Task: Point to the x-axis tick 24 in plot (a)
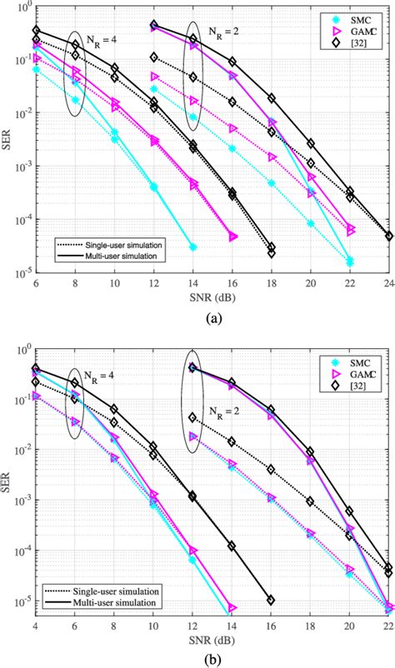tap(389, 283)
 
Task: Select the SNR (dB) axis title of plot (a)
tap(212, 297)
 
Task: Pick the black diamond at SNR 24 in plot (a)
tap(389, 237)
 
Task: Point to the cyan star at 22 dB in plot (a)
tap(350, 262)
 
